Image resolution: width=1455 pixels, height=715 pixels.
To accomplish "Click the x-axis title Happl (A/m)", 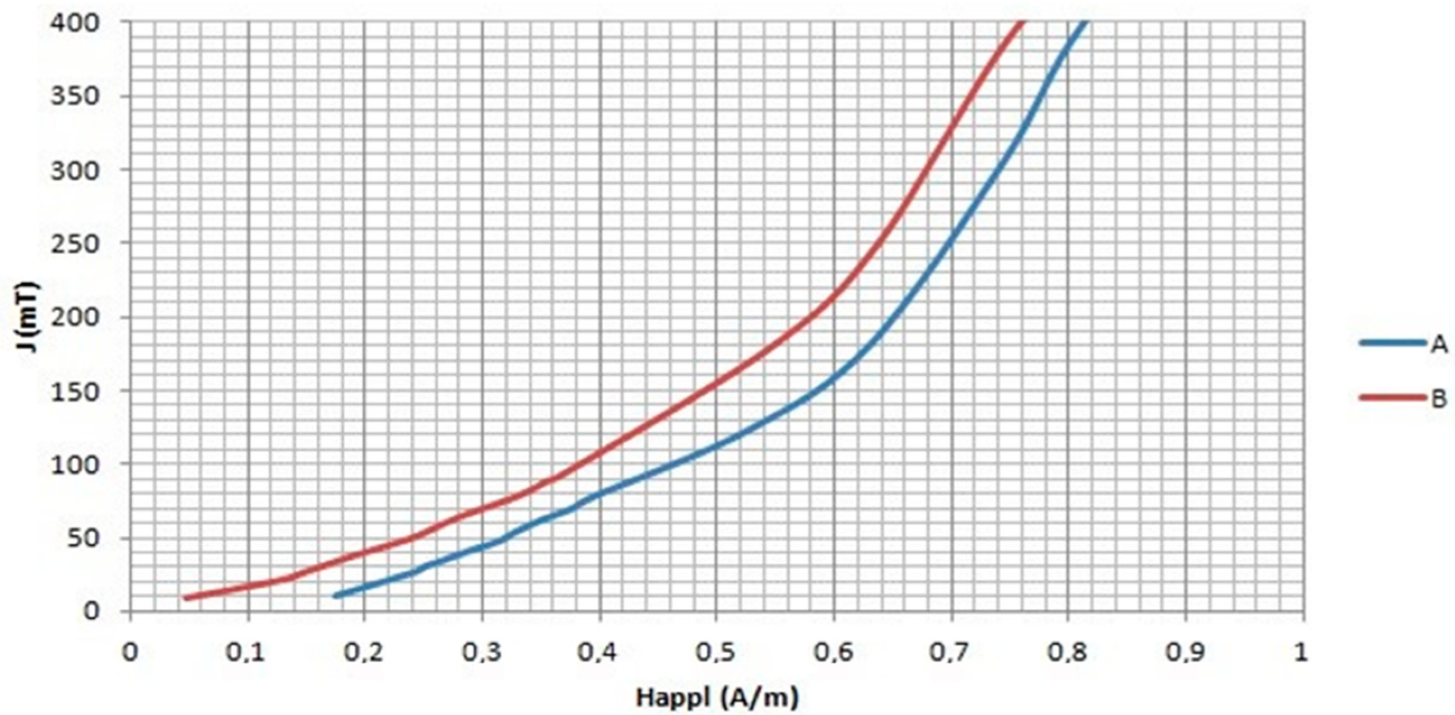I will click(x=717, y=699).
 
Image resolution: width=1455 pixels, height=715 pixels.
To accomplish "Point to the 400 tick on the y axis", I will click(x=75, y=22).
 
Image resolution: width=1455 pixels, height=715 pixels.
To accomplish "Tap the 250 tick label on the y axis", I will click(x=75, y=244).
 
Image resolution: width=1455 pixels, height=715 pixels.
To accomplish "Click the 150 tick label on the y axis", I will click(x=75, y=391).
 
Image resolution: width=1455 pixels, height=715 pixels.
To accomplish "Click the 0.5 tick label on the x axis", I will click(x=716, y=652).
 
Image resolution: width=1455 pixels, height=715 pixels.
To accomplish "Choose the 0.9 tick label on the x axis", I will click(x=1185, y=652).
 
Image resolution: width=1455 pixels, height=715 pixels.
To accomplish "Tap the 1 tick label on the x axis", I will click(x=1301, y=652).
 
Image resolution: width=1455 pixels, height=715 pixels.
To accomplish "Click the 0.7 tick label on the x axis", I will click(x=951, y=652).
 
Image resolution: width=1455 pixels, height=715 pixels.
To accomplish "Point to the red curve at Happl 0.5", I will click(x=716, y=384).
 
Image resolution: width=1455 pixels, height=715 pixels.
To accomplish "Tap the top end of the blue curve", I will click(x=1084, y=22).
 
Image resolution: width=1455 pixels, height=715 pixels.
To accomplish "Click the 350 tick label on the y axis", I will click(x=75, y=96).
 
